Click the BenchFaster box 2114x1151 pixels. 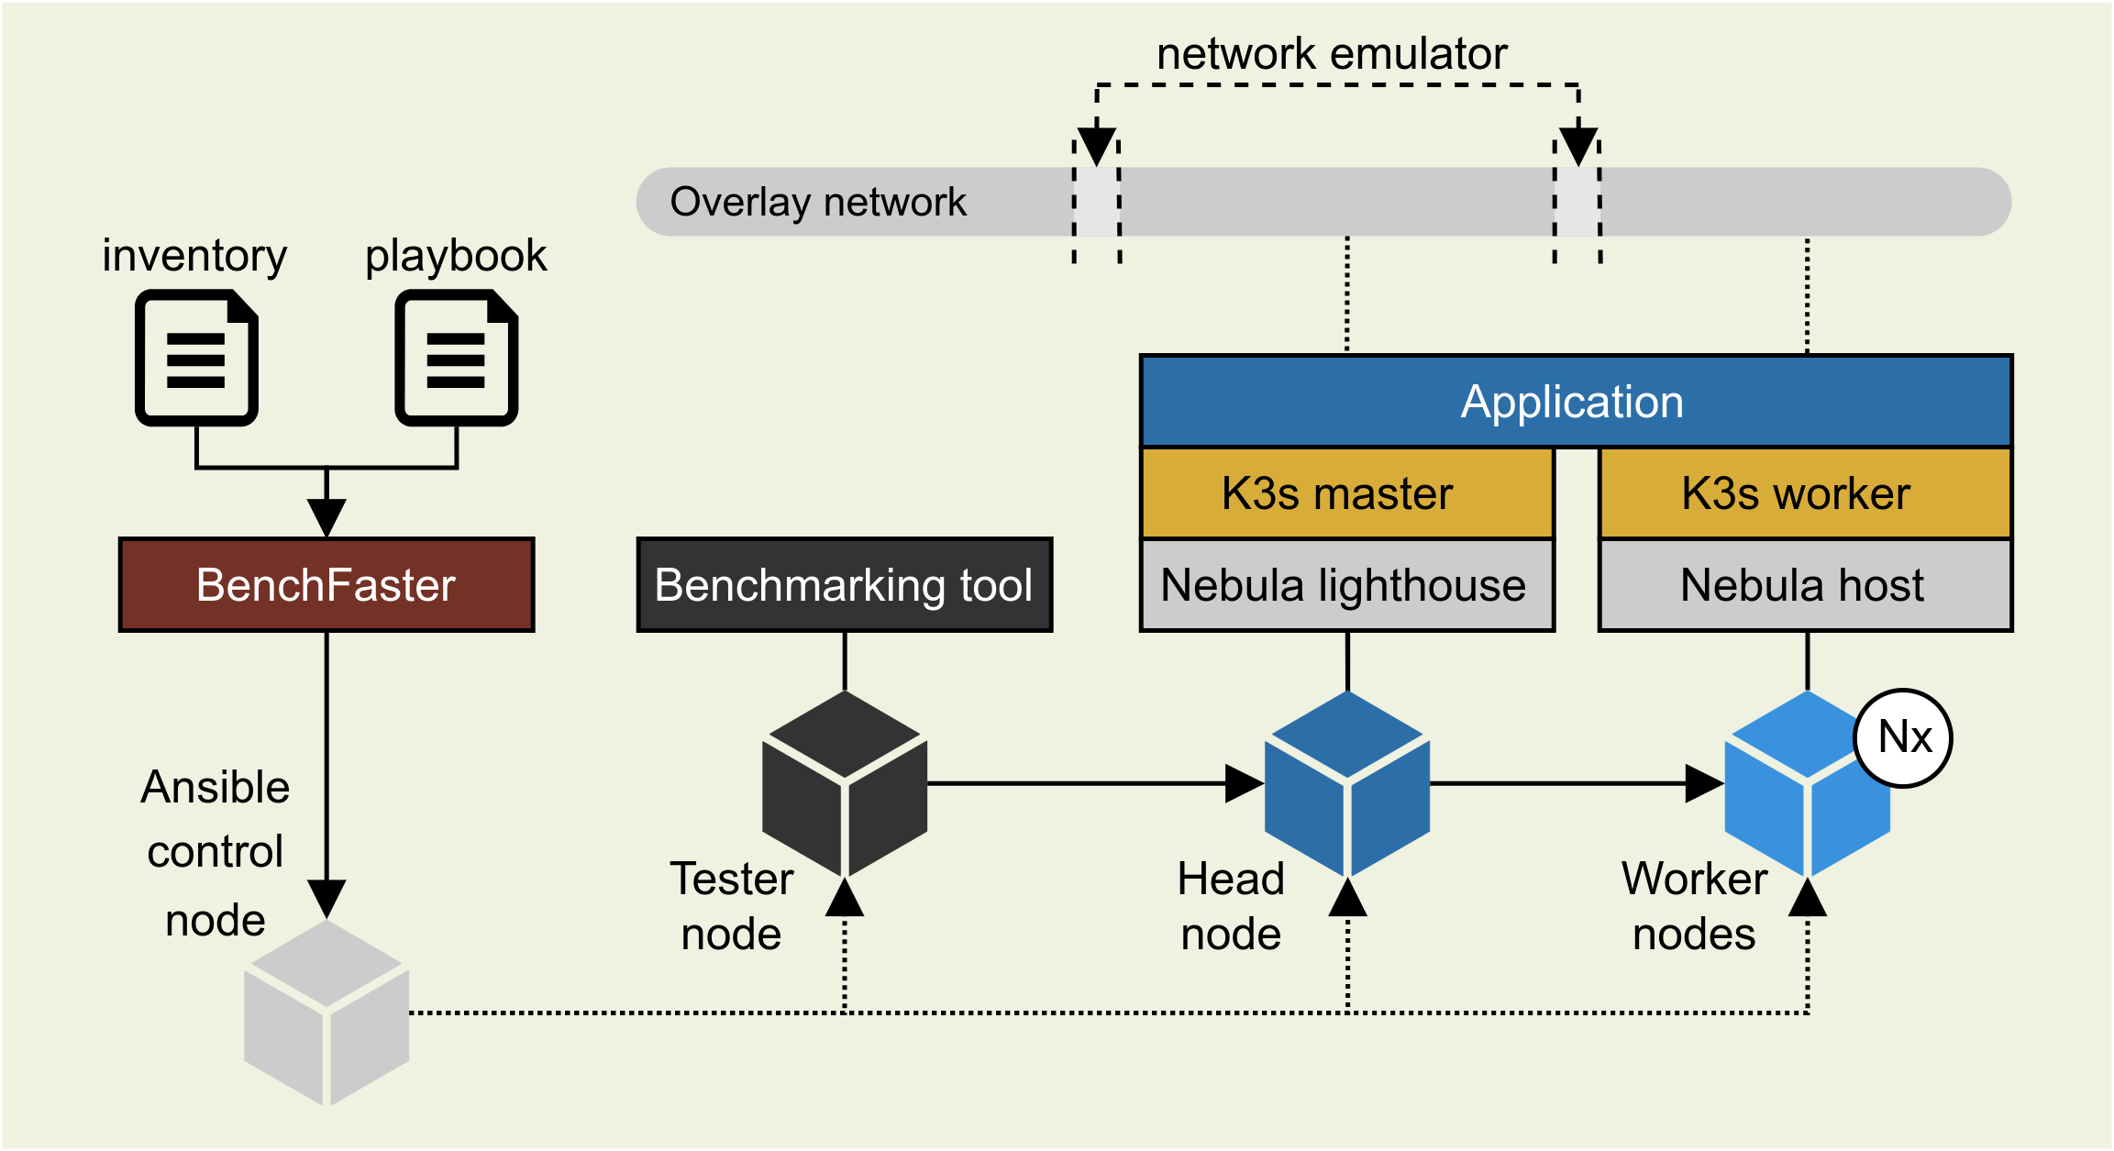click(327, 585)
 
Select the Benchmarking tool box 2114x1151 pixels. click(845, 585)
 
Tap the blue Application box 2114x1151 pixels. click(1576, 402)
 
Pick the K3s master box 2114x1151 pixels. click(1346, 493)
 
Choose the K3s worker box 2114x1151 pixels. click(1805, 493)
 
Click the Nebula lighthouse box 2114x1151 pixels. click(1346, 585)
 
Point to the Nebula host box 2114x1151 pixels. click(1805, 585)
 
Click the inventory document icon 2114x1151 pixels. click(196, 358)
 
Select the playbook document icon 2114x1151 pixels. click(456, 358)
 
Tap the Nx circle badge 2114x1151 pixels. click(1903, 737)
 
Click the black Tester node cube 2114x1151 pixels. click(845, 785)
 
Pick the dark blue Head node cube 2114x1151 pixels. click(1347, 785)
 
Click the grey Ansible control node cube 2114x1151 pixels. click(327, 1013)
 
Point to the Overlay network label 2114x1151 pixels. click(818, 202)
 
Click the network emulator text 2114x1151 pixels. click(1332, 54)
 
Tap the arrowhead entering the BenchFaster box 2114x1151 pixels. click(327, 517)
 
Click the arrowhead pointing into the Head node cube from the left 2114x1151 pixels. click(1245, 784)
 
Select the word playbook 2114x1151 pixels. click(456, 256)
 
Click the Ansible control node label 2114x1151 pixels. click(216, 853)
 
